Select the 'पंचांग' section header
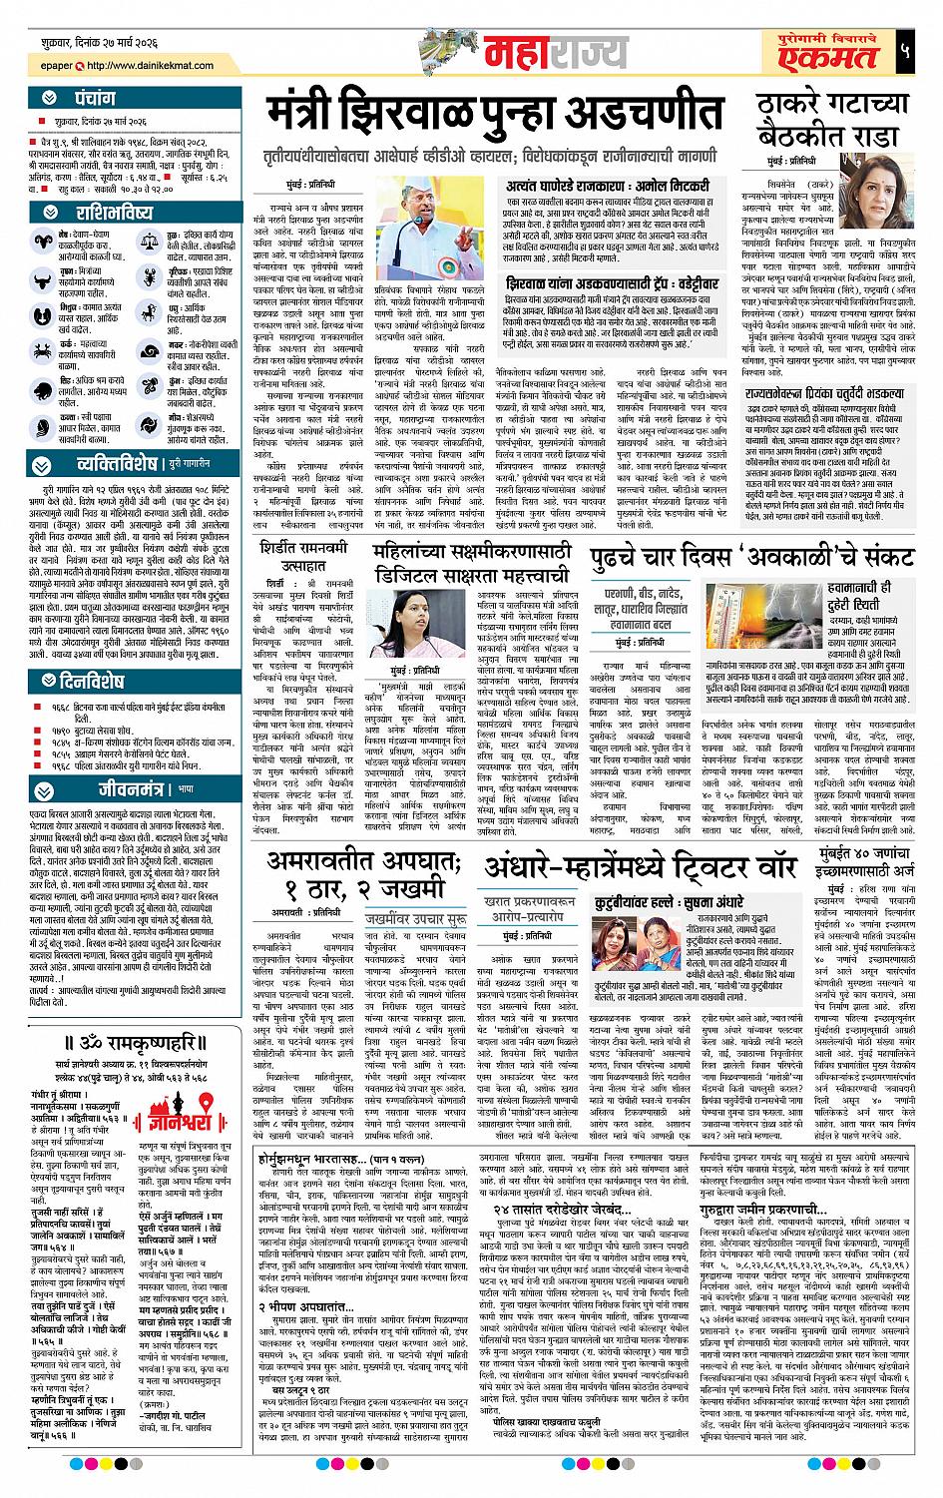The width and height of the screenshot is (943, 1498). click(x=85, y=100)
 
